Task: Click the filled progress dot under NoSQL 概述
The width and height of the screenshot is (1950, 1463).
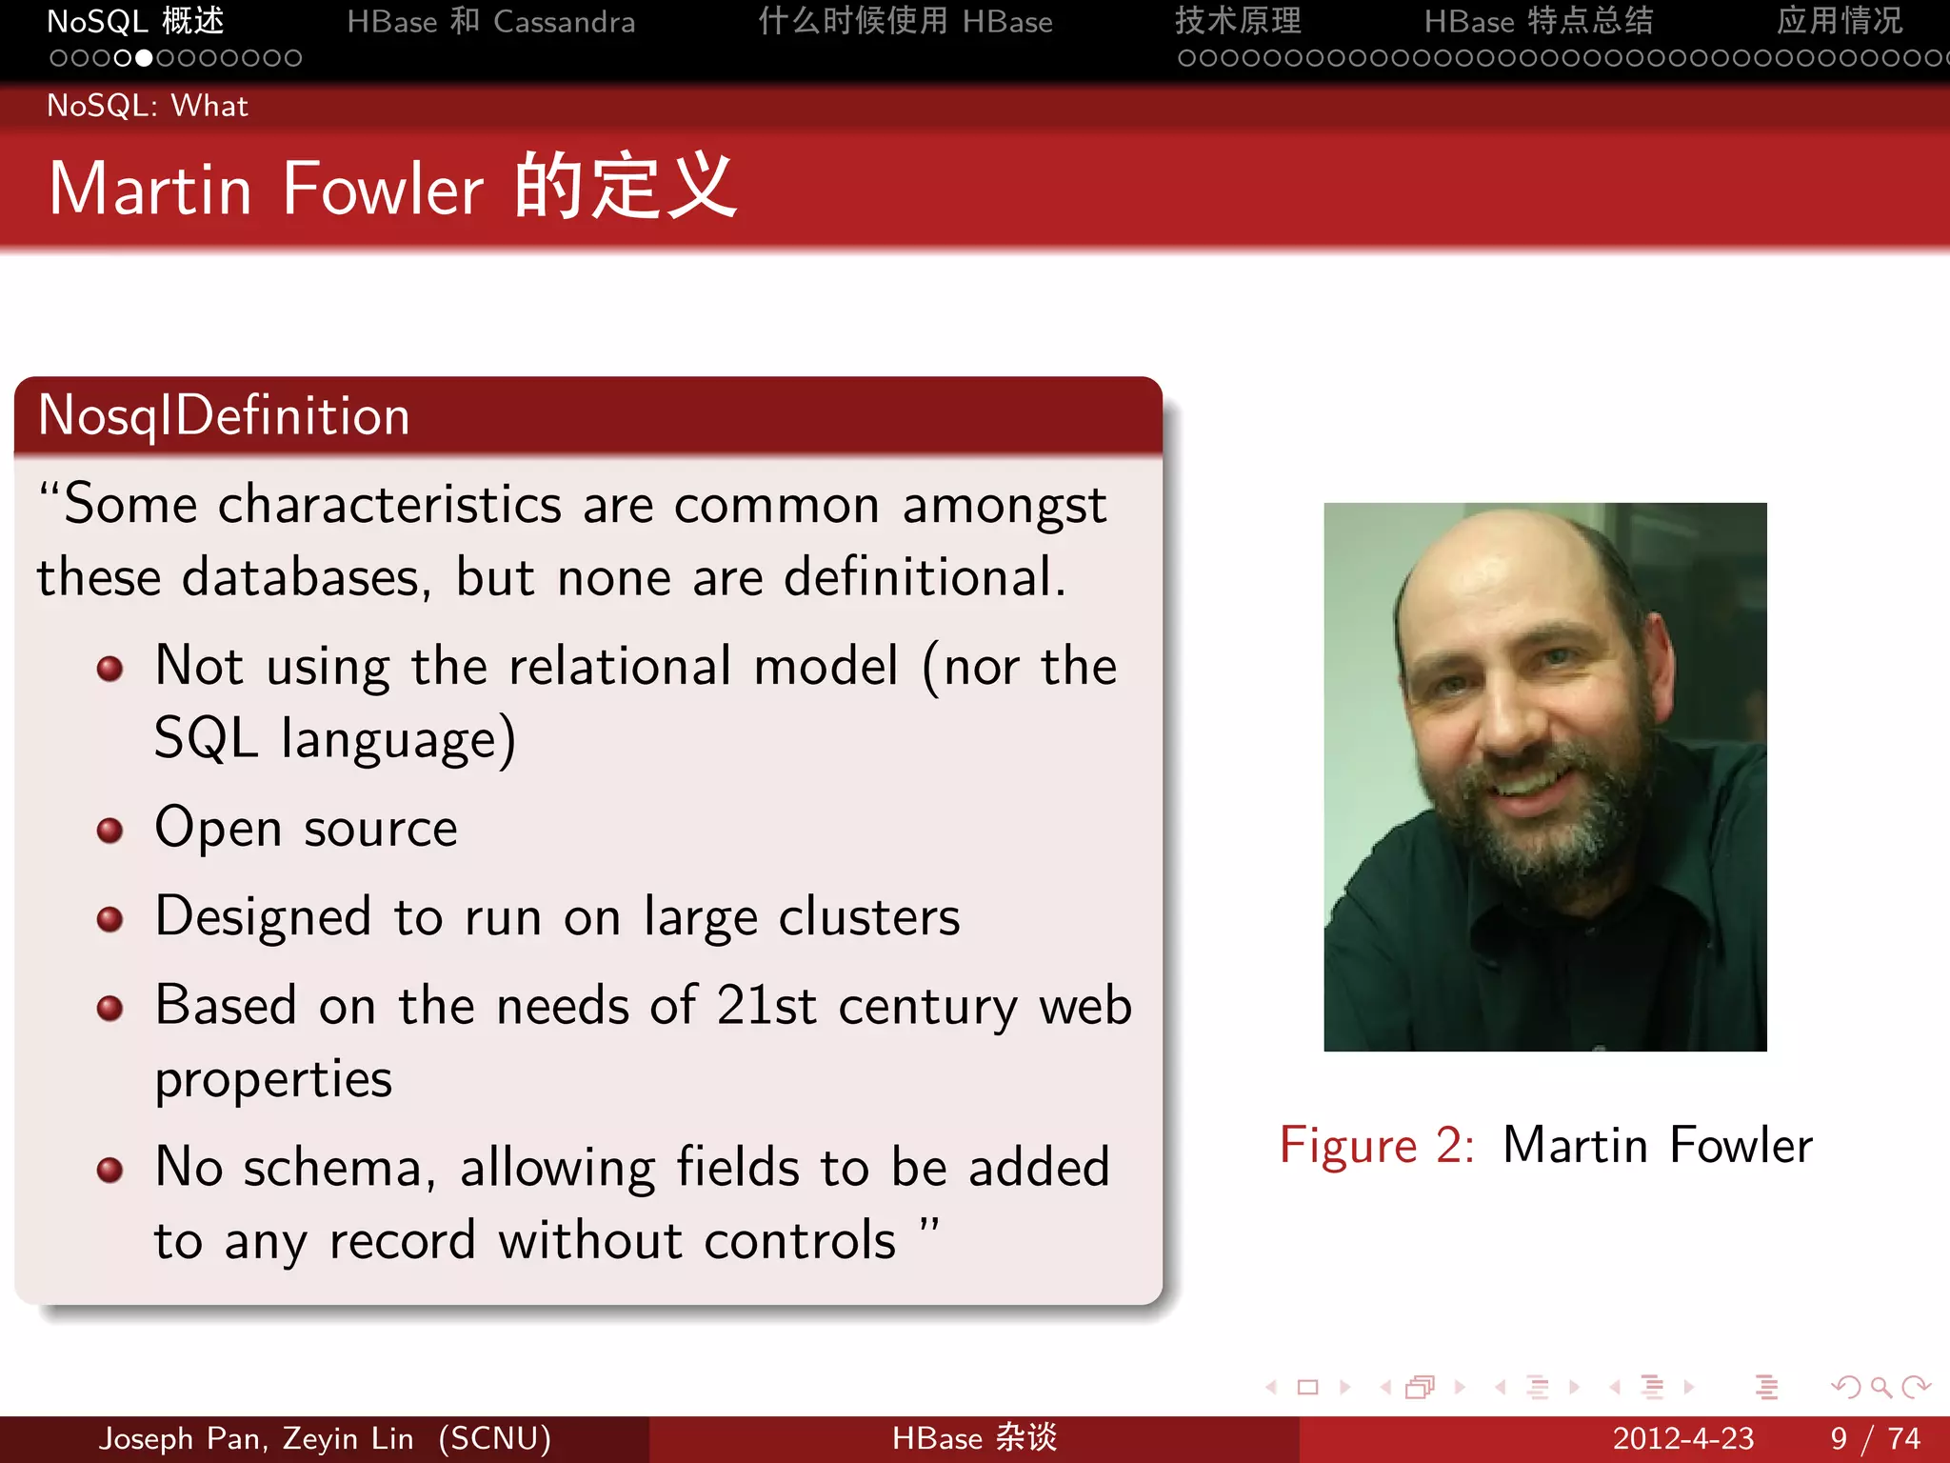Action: coord(144,59)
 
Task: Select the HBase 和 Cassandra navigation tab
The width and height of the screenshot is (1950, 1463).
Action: coord(490,22)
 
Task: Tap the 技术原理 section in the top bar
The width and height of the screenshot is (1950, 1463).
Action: coord(1238,22)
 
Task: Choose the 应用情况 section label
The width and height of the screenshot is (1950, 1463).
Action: coord(1839,22)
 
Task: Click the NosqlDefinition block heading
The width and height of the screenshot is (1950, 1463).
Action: coord(225,416)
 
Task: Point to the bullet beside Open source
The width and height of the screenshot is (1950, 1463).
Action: coord(110,830)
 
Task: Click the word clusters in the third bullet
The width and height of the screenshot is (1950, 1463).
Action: coord(869,917)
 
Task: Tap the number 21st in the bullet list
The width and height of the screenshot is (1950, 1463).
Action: coord(766,1006)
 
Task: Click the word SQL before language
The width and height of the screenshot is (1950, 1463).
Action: coord(207,738)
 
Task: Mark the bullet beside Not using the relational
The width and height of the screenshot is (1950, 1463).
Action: coord(110,668)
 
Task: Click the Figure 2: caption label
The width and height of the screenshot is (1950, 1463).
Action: coord(1377,1145)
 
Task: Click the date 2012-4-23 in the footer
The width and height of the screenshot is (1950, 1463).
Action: coord(1682,1438)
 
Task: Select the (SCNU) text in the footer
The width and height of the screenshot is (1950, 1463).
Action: coord(494,1438)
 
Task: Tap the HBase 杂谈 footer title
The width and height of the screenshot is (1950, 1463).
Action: coord(974,1438)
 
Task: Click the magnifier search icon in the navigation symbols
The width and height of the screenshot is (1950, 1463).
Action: coord(1880,1387)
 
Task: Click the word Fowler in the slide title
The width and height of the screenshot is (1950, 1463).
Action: coord(383,189)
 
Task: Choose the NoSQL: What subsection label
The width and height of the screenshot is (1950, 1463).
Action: coord(148,106)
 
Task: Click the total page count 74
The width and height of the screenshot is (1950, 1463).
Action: coord(1903,1438)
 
